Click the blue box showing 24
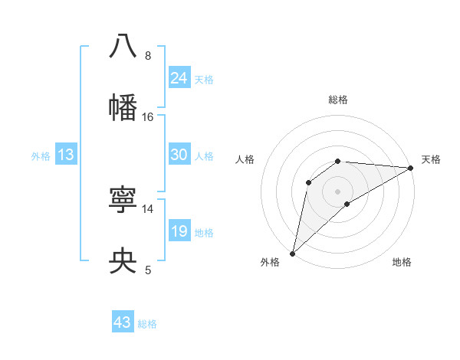[x=179, y=77]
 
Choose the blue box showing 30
[x=179, y=155]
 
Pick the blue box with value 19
[x=179, y=231]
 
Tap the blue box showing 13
[x=66, y=155]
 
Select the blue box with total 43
[x=123, y=322]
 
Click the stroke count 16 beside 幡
[x=148, y=117]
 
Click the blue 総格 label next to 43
[x=147, y=324]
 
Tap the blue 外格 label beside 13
[x=41, y=156]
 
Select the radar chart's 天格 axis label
[x=431, y=159]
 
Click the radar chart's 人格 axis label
[x=245, y=159]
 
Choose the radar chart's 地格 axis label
[x=402, y=262]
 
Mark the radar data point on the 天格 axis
[x=411, y=168]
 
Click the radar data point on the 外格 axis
[x=292, y=253]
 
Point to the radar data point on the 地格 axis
[x=347, y=204]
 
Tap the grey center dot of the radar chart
[x=338, y=191]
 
